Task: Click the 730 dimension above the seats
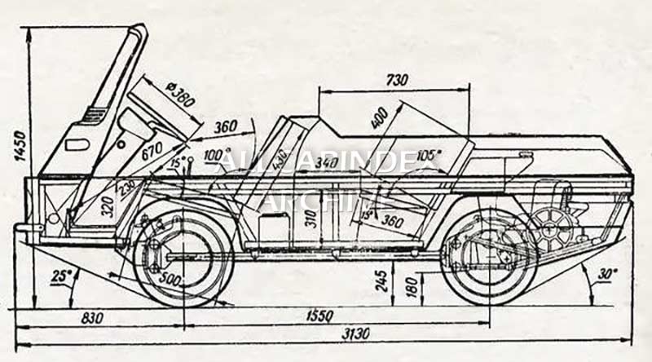[x=397, y=80]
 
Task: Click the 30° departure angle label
[x=606, y=274]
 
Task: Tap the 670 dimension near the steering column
[x=153, y=152]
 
